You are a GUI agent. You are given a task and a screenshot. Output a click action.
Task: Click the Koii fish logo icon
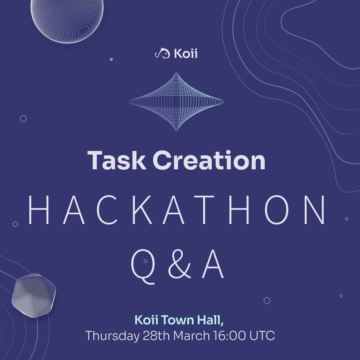163,53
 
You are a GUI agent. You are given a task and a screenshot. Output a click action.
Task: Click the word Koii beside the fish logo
186,54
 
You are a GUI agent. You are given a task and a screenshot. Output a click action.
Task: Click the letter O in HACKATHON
277,210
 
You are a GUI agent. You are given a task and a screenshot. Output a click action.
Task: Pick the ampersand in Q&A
180,264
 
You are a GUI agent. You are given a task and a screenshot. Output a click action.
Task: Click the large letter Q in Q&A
143,267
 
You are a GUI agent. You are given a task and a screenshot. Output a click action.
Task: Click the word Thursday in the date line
112,336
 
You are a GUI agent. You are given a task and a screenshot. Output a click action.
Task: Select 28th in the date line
156,336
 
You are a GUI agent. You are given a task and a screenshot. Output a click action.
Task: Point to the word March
191,336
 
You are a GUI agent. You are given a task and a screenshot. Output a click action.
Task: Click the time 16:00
229,336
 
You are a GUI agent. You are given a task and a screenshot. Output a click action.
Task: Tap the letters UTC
262,336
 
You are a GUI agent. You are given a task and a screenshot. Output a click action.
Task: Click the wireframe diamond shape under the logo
176,102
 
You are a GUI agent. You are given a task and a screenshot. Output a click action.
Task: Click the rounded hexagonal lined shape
34,295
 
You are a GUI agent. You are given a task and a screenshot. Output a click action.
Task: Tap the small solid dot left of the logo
111,59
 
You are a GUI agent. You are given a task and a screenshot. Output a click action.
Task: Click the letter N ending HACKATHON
314,210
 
